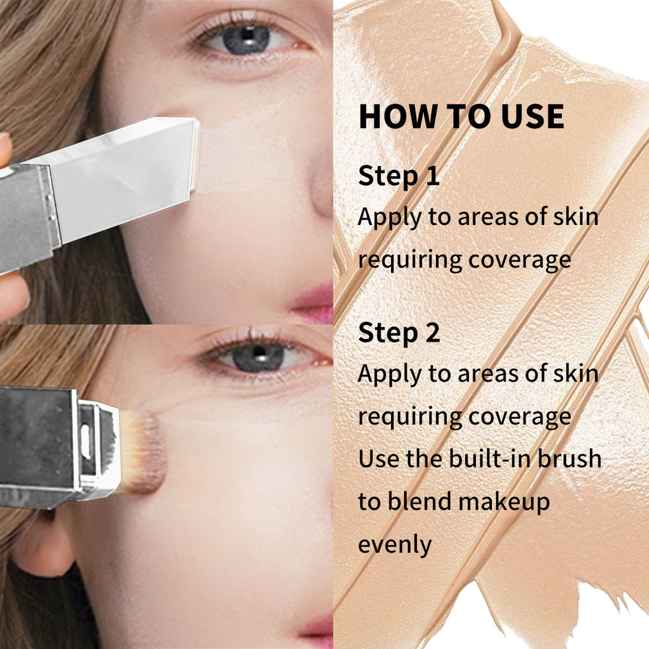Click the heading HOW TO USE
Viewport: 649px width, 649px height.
461,117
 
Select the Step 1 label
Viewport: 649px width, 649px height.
399,176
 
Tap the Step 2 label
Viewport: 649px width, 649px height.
399,333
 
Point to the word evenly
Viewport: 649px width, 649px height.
395,544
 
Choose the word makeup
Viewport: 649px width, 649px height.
504,501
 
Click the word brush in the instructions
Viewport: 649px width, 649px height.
570,458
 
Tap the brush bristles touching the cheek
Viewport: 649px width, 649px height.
145,452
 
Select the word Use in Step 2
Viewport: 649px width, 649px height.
379,458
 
